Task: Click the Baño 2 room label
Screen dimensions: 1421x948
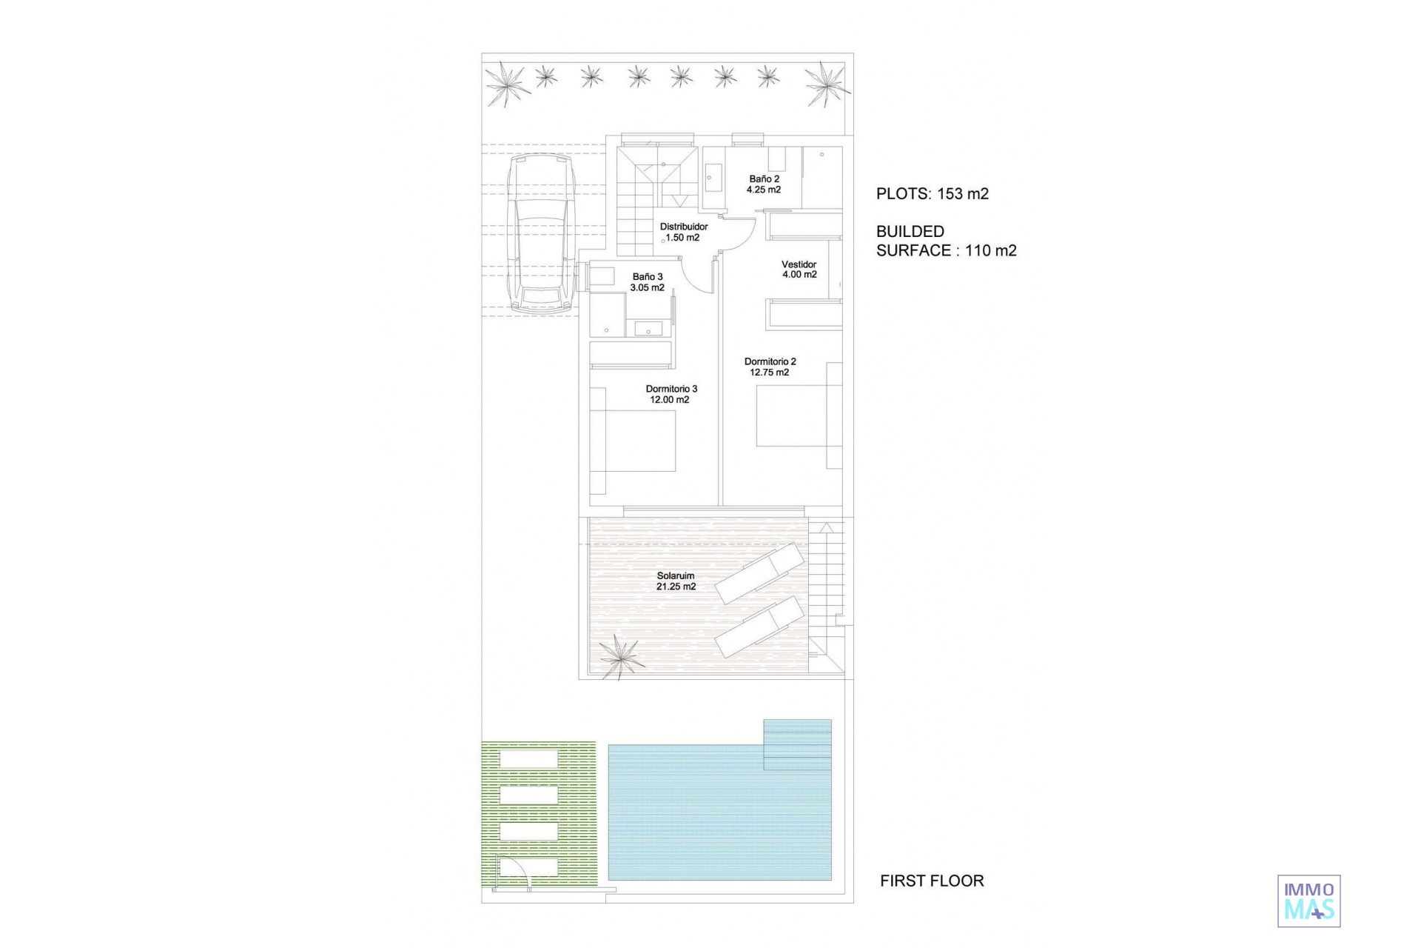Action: click(x=764, y=179)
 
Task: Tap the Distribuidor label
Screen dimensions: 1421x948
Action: click(x=684, y=227)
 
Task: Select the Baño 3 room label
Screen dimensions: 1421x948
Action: click(x=648, y=277)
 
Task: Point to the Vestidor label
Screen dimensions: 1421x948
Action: click(x=799, y=264)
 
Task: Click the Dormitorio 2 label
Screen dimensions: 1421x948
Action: click(x=770, y=362)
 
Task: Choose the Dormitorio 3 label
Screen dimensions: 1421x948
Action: click(x=671, y=389)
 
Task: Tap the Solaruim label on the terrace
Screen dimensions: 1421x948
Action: click(x=676, y=575)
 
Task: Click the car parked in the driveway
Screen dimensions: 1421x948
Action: click(x=542, y=233)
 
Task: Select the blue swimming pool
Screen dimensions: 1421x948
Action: click(x=719, y=800)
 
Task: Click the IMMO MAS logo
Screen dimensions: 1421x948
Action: click(x=1309, y=901)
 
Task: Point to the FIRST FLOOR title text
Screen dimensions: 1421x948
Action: click(x=932, y=881)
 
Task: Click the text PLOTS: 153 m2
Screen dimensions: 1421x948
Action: click(x=933, y=194)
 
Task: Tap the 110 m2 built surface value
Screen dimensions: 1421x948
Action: click(x=991, y=250)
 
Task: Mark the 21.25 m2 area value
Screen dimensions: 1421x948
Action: click(x=676, y=587)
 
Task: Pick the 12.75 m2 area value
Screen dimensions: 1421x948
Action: click(x=770, y=373)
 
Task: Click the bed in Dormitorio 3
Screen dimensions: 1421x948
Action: click(x=634, y=441)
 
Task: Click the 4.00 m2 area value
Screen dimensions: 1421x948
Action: click(x=799, y=275)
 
